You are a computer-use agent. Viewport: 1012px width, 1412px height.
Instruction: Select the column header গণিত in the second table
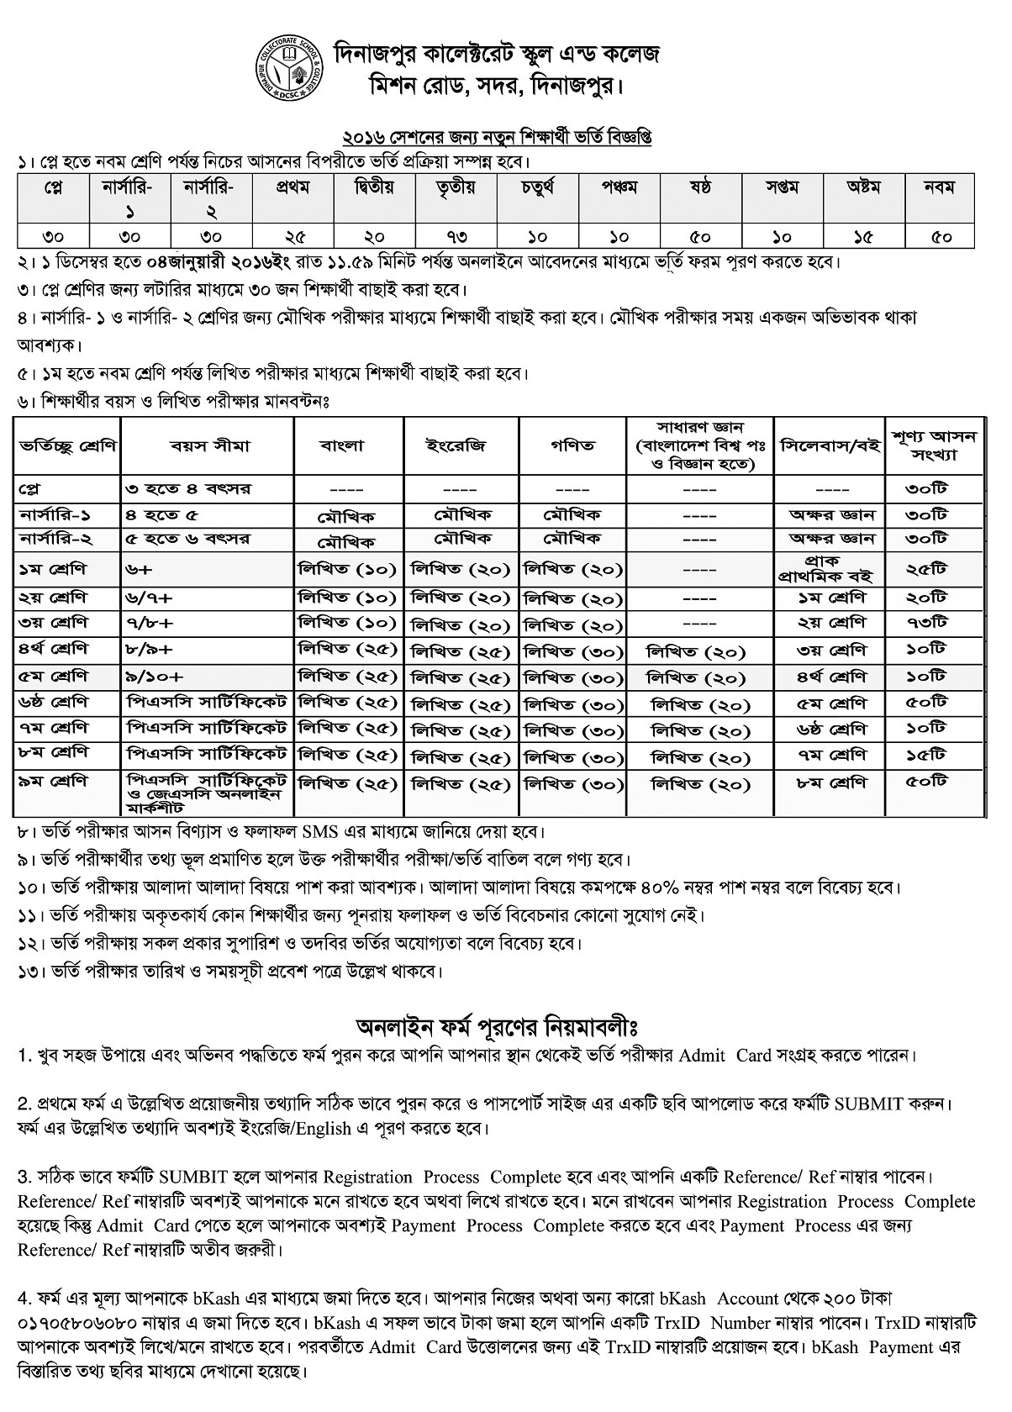[572, 445]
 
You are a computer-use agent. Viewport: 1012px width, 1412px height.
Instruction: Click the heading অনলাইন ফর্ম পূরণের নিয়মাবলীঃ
[500, 1028]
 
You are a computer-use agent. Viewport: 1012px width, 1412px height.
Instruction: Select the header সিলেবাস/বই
[831, 445]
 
